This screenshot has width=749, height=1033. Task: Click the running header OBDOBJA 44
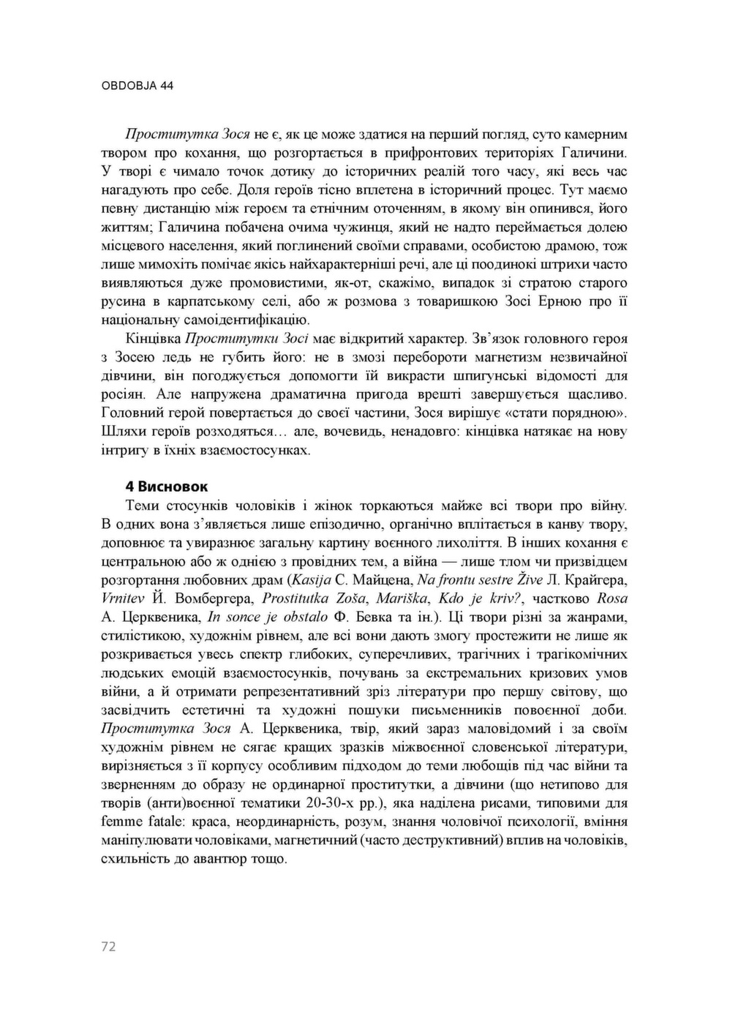tap(137, 86)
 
